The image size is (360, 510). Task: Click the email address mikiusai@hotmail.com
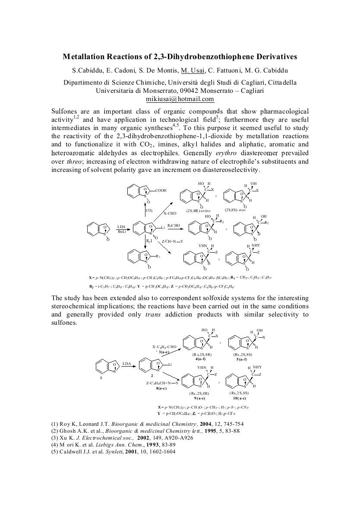click(180, 99)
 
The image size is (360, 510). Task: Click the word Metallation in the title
click(85, 57)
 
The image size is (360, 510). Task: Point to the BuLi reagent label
click(121, 232)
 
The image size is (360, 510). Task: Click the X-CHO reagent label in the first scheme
click(170, 213)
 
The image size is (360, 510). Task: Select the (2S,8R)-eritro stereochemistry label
click(196, 210)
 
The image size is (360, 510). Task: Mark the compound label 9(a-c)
click(199, 398)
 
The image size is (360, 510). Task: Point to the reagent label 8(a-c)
click(162, 388)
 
